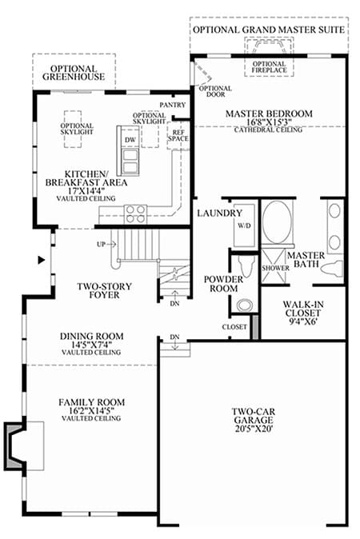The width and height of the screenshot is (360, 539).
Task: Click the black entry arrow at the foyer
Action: pos(42,260)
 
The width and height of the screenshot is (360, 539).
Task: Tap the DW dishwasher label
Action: pos(130,140)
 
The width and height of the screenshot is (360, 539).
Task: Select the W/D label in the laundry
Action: pos(244,226)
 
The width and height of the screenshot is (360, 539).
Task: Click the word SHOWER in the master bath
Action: pos(275,268)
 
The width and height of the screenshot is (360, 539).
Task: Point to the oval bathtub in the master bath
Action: pos(277,222)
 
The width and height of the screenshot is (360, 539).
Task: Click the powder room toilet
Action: pos(246,266)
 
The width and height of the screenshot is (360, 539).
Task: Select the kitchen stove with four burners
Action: pos(135,214)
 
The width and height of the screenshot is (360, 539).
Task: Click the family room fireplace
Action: pos(14,446)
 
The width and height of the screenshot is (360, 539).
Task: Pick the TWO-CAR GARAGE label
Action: pos(253,416)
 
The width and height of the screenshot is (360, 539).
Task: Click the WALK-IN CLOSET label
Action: pos(303,309)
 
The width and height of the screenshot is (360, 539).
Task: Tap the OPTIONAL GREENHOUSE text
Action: pos(74,73)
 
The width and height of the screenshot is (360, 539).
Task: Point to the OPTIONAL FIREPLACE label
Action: pos(270,67)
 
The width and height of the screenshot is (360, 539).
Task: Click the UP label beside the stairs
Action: pos(101,245)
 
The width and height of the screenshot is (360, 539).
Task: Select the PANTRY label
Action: pos(173,105)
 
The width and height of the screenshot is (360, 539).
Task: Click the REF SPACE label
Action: pos(178,136)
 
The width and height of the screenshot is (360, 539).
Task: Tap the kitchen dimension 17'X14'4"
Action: pos(86,191)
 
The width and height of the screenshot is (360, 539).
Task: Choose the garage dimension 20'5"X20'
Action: pos(254,429)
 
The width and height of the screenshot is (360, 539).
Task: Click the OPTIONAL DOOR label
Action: pos(215,91)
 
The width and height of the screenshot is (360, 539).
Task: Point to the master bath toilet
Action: pos(332,268)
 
